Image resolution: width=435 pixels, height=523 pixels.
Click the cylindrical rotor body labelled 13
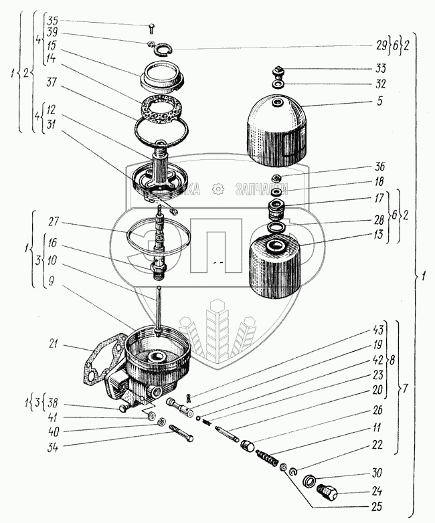coord(277,268)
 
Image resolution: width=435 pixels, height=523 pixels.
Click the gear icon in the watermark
coord(216,189)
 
